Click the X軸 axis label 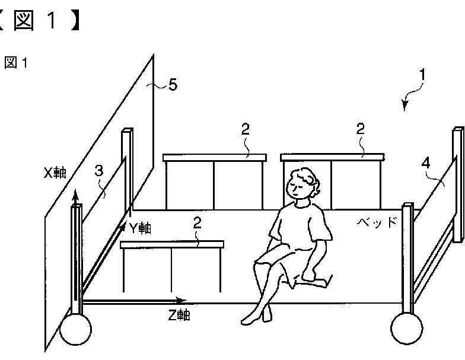click(x=55, y=173)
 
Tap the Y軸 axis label click(x=139, y=228)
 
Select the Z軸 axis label click(x=179, y=316)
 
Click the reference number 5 click(x=172, y=85)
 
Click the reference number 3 click(x=99, y=171)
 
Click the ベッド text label click(x=376, y=222)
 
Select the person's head click(x=302, y=183)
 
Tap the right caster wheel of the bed click(x=407, y=327)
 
